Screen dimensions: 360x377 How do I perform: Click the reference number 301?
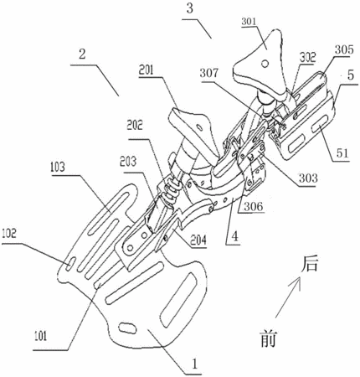(249, 22)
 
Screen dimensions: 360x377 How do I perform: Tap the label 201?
(147, 70)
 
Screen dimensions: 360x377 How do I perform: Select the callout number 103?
(58, 167)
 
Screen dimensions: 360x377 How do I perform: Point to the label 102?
(9, 235)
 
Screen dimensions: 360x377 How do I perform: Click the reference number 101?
(40, 336)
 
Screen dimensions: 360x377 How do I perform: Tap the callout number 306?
(254, 206)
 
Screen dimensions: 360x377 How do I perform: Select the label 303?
(308, 178)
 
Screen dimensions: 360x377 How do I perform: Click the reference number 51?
(342, 153)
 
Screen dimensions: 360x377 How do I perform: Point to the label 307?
(209, 73)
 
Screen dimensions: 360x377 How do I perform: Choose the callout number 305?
(344, 49)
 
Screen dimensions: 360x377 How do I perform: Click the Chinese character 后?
(310, 264)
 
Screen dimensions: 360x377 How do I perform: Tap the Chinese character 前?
(268, 338)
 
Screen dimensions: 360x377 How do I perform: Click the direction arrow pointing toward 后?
(288, 297)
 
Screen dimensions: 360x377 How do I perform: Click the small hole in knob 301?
(265, 65)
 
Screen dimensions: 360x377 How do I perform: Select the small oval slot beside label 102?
(70, 264)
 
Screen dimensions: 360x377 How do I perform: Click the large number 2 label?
(82, 54)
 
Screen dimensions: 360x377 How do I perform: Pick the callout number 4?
(235, 237)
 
